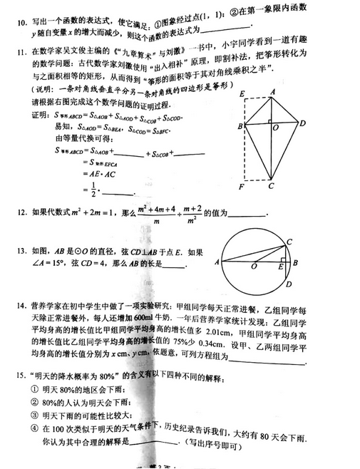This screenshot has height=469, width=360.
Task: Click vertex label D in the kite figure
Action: tap(303, 123)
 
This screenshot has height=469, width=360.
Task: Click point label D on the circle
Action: tap(288, 285)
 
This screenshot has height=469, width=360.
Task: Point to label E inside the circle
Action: tap(282, 267)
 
